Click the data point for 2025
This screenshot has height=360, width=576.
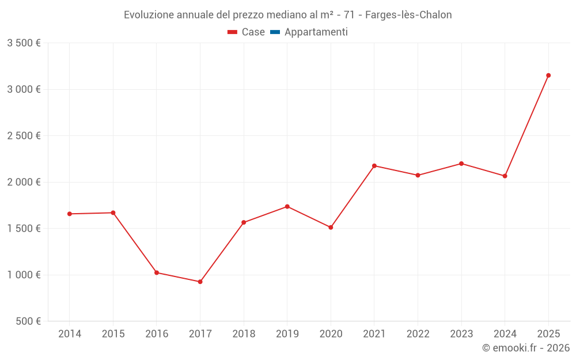point(548,75)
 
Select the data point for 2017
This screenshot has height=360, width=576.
point(200,282)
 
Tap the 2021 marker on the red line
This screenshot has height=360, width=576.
point(374,166)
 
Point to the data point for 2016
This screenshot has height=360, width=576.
point(157,272)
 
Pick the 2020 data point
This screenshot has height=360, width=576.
point(331,228)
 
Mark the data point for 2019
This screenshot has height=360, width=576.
point(287,206)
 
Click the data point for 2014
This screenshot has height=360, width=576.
point(70,214)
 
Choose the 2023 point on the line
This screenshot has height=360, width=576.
point(461,164)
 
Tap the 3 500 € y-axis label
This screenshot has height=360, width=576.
point(24,43)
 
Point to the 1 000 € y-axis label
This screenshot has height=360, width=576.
point(24,275)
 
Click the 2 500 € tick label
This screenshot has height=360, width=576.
point(24,136)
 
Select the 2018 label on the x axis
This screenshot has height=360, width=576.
point(244,334)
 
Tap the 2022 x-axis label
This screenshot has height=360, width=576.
point(418,334)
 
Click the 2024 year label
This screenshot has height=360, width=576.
point(505,334)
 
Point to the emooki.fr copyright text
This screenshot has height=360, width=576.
point(525,348)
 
